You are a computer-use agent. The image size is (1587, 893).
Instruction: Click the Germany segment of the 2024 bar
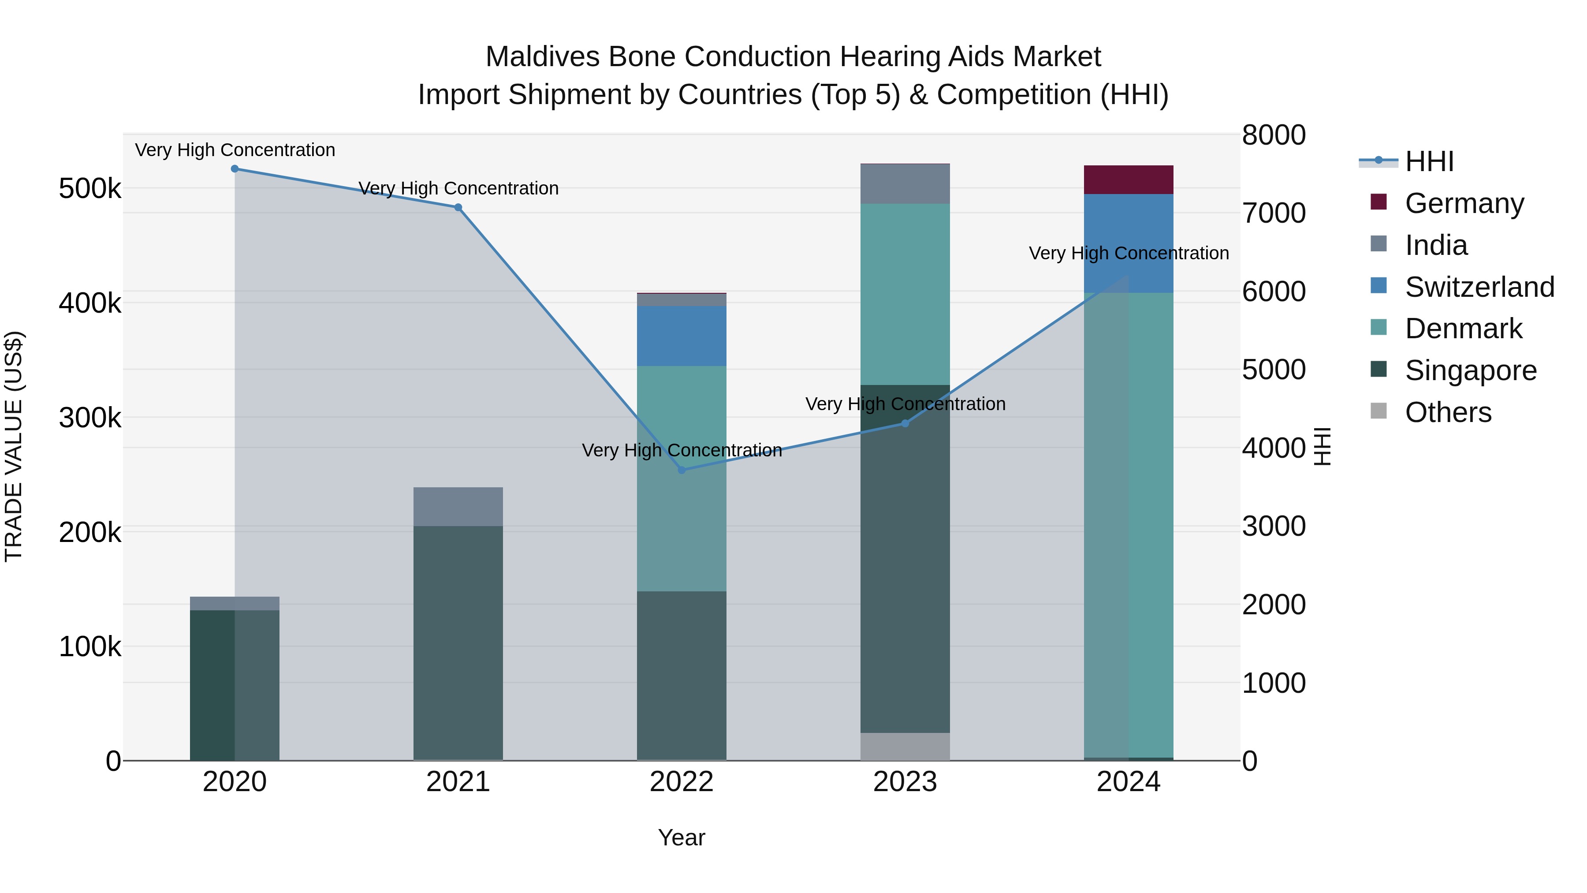coord(1128,179)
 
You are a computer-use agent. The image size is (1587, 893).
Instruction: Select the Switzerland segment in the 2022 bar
coord(682,336)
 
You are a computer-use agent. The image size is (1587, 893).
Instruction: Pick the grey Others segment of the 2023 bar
coord(905,746)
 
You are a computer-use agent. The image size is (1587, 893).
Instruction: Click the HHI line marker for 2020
coord(235,169)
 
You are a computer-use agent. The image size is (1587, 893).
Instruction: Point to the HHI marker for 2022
coord(682,470)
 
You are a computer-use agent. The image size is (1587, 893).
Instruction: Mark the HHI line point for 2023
coord(905,423)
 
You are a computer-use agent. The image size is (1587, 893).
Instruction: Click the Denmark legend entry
coord(1463,329)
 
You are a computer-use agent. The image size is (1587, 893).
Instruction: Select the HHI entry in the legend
coord(1429,161)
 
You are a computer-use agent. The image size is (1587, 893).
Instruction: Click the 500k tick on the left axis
coord(90,189)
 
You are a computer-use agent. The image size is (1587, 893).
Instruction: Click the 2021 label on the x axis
coord(458,782)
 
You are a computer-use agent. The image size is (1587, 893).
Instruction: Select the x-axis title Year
coord(682,837)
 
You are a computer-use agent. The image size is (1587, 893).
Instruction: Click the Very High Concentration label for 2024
coord(1128,253)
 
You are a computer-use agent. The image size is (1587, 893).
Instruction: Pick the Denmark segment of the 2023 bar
coord(905,294)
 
